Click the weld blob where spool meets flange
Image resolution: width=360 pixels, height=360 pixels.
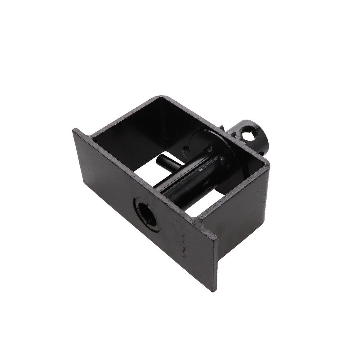pyautogui.click(x=210, y=148)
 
